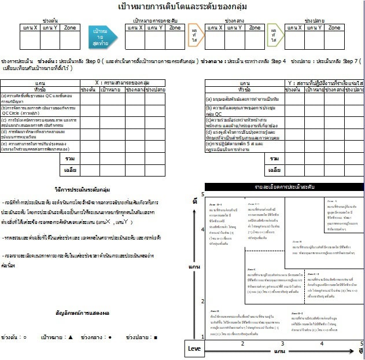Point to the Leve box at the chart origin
[x=194, y=348]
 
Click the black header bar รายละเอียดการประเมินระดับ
[x=284, y=188]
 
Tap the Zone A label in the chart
[x=333, y=200]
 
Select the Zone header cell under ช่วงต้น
[x=69, y=27]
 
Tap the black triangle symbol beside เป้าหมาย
[x=71, y=336]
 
